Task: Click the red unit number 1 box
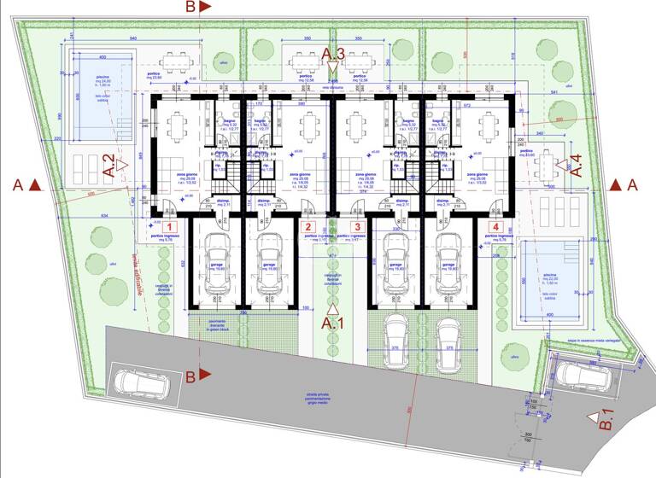click(x=169, y=227)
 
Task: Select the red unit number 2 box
click(x=307, y=227)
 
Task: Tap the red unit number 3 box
click(x=358, y=227)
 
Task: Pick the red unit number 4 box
click(x=495, y=227)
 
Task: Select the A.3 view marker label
click(x=333, y=55)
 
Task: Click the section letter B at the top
click(x=190, y=7)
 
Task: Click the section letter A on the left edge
click(x=17, y=184)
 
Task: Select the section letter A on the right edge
click(x=632, y=184)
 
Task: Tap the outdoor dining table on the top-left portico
click(x=177, y=61)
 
